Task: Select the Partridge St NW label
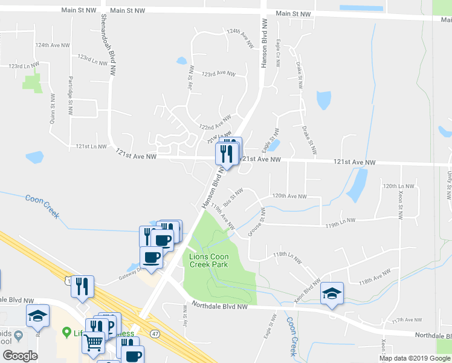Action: tap(70, 96)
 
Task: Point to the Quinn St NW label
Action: tap(52, 110)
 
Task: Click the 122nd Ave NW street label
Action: tap(215, 123)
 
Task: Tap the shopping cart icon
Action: tap(94, 343)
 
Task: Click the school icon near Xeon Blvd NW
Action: tap(332, 294)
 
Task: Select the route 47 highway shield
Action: tap(156, 333)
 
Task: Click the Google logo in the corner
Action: tap(20, 356)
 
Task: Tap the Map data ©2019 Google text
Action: tap(413, 358)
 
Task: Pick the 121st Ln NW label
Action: tap(91, 147)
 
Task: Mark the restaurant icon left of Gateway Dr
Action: tap(82, 286)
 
